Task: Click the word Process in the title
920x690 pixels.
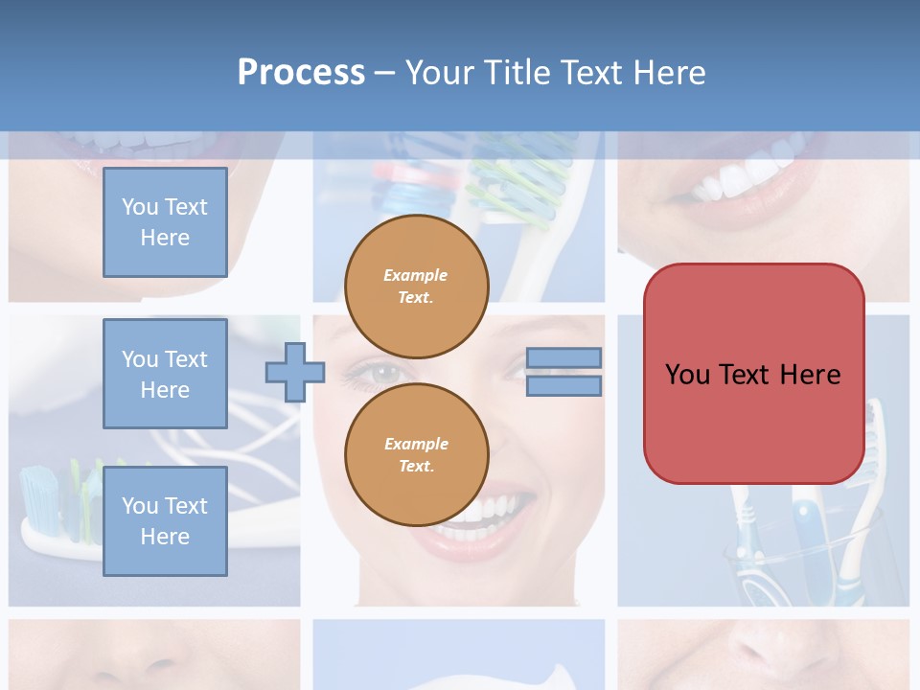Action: (301, 72)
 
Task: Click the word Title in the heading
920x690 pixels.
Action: (514, 73)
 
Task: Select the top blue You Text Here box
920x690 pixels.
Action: (165, 222)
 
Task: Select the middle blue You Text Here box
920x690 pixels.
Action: (165, 374)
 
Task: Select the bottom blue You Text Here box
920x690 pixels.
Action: (165, 520)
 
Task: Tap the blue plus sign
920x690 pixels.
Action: (295, 372)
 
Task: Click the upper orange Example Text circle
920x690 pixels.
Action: (416, 287)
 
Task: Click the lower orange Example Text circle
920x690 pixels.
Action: (416, 455)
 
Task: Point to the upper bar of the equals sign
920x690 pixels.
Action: (563, 357)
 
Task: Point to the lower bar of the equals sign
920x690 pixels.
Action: (563, 386)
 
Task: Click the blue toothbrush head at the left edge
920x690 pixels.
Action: (38, 494)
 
